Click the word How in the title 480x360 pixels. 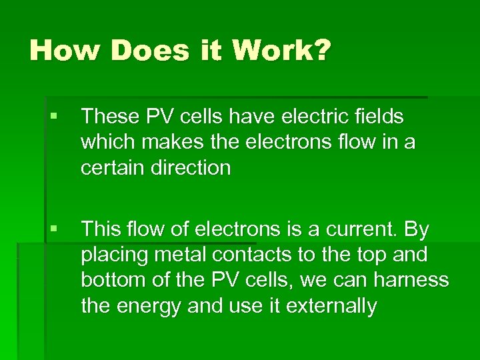point(62,50)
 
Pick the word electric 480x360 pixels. point(323,117)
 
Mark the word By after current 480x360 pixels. point(417,230)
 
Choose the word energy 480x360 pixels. point(149,307)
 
